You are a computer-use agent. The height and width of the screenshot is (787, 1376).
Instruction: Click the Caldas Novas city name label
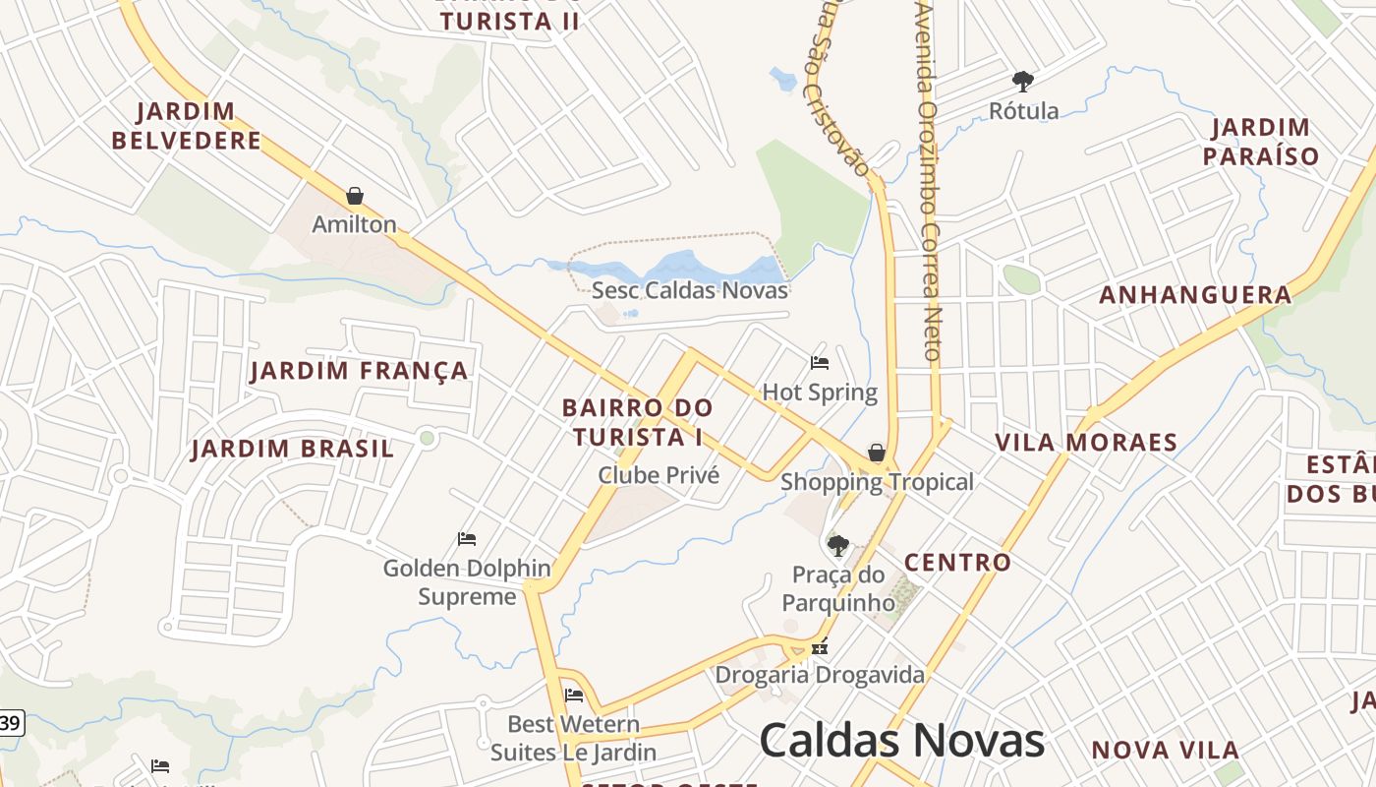(x=901, y=740)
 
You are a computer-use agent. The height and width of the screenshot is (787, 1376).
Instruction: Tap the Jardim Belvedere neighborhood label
(x=187, y=126)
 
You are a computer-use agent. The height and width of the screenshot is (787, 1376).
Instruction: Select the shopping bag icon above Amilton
(x=355, y=196)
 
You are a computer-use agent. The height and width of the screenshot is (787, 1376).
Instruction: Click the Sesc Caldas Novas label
(x=690, y=290)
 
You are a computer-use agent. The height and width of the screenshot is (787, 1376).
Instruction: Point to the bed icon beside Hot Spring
(x=820, y=363)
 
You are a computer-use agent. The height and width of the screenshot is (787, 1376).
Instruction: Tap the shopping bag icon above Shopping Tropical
(x=877, y=453)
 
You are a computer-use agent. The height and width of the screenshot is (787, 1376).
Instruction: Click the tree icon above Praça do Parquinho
(x=838, y=546)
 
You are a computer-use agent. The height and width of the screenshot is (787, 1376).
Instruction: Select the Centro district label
(x=957, y=563)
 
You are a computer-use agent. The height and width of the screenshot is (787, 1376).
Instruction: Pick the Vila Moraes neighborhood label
(x=1086, y=443)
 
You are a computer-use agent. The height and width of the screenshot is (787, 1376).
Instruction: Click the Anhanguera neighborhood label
(x=1195, y=295)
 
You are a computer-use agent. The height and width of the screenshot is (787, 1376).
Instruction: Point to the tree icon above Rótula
(x=1023, y=81)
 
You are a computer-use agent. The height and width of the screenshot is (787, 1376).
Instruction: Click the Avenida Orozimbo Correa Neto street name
(x=930, y=182)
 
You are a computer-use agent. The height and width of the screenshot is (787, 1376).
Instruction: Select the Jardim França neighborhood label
(x=359, y=371)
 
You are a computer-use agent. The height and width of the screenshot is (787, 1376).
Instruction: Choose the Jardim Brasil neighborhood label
(x=293, y=450)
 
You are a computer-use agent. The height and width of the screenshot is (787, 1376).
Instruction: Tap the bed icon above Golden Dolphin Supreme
(x=467, y=539)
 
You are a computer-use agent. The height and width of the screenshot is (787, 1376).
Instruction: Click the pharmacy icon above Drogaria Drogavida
(x=820, y=648)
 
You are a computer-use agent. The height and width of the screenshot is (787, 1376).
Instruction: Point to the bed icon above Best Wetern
(x=574, y=696)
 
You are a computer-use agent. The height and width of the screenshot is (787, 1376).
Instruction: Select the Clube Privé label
(x=659, y=476)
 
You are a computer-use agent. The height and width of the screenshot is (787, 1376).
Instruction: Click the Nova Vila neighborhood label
(x=1159, y=750)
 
